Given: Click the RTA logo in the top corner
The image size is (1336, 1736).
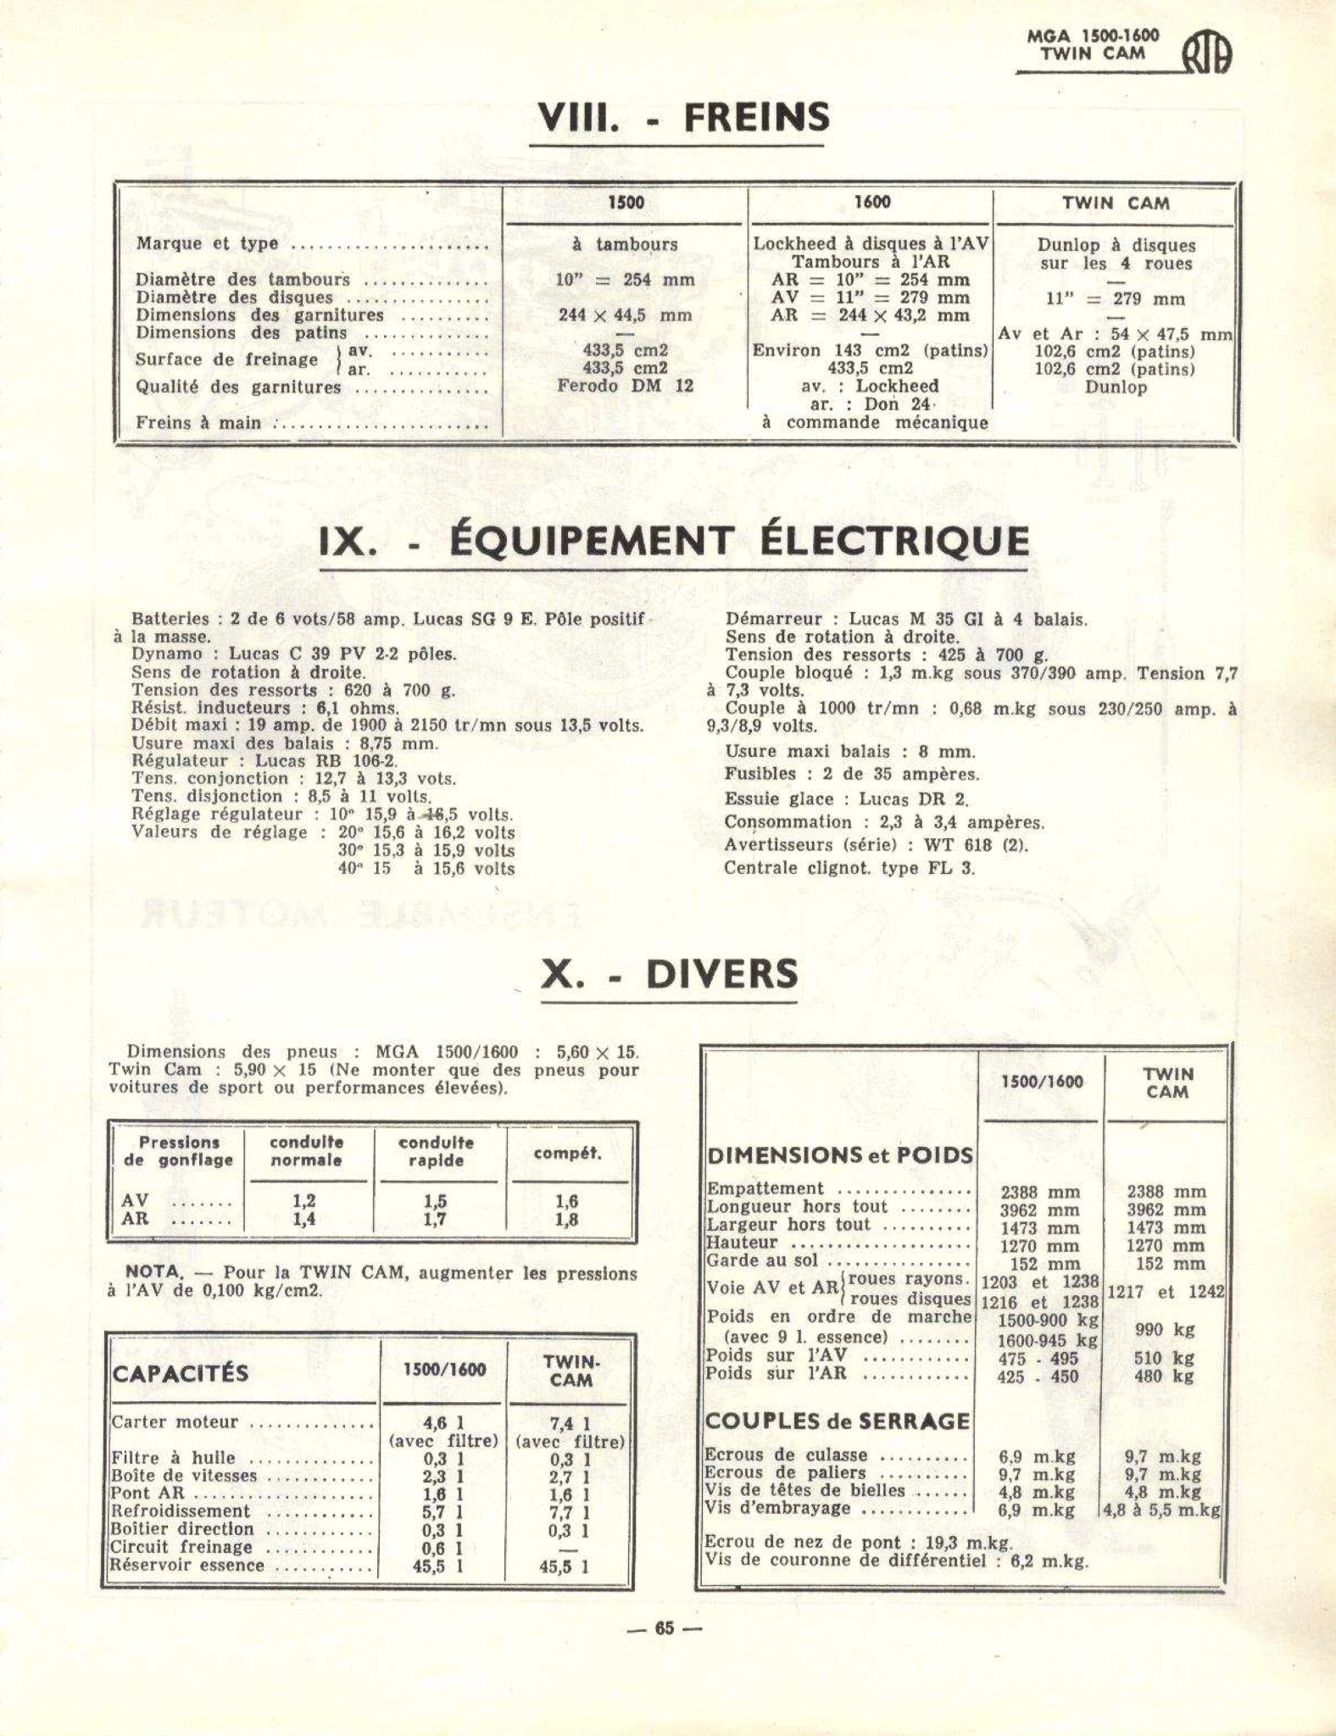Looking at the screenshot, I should tap(1206, 55).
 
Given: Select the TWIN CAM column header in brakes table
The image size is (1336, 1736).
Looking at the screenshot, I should tap(1116, 203).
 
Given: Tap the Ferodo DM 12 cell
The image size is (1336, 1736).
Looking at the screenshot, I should tap(625, 386).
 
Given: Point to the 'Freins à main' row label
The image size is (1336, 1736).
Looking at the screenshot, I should tap(199, 422).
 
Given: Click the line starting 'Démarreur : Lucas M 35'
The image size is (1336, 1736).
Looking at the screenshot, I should tap(905, 619).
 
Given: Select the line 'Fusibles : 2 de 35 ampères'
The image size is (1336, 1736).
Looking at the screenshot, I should tap(851, 774).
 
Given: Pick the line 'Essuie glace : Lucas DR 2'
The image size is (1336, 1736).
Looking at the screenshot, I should tap(845, 798).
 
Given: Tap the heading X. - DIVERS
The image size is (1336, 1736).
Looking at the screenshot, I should tap(670, 974).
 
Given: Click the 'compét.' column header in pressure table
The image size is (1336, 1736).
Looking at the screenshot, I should tap(568, 1154).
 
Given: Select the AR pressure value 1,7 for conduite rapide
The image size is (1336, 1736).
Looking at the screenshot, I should tap(435, 1221).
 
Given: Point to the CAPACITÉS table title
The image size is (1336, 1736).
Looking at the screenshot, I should tap(181, 1373).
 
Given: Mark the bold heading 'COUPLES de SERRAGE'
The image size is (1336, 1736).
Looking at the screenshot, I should tap(837, 1422).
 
